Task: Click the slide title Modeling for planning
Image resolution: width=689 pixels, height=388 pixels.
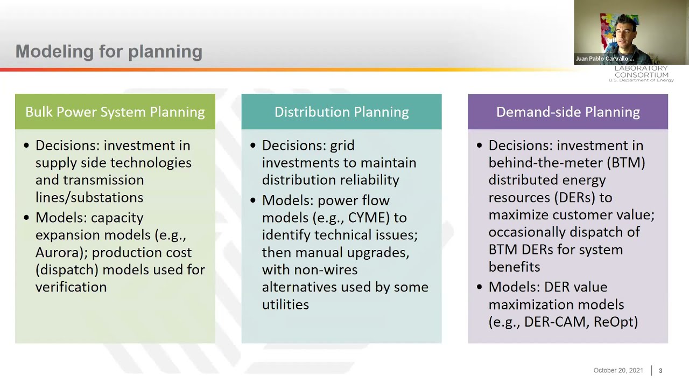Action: point(109,52)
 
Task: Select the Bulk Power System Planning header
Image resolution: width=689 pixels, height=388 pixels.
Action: point(115,112)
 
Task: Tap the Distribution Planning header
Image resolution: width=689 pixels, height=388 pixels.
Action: point(341,112)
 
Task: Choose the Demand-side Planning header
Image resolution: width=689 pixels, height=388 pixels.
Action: point(568,112)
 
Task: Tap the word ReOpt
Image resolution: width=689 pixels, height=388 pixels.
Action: point(616,322)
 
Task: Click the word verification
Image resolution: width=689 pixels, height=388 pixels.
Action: point(71,287)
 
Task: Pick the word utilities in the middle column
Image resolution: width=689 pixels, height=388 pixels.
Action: point(285,304)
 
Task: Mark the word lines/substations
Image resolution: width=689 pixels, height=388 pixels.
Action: point(89,197)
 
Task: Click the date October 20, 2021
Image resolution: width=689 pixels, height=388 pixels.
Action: point(618,370)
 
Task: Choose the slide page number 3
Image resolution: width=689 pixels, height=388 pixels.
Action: point(660,371)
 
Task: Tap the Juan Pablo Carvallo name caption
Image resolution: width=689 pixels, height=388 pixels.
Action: point(604,59)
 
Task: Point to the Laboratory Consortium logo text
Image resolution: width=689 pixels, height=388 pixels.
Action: point(641,74)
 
